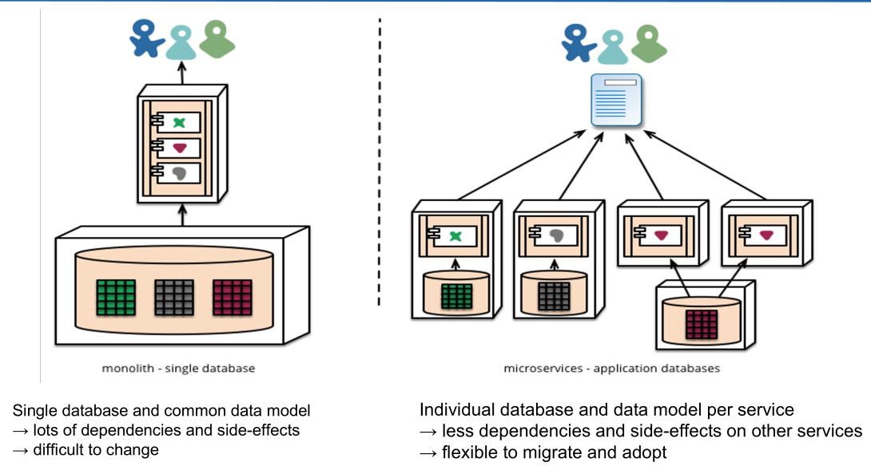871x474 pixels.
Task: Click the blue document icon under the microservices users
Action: (616, 100)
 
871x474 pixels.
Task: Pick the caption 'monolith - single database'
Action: (178, 369)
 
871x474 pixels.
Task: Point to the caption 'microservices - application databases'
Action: (611, 369)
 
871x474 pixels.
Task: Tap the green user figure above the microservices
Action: (649, 43)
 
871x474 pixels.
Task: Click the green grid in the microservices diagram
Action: (456, 295)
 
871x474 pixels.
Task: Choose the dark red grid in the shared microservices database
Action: (702, 324)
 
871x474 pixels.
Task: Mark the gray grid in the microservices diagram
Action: (554, 295)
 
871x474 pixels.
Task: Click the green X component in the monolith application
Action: (180, 122)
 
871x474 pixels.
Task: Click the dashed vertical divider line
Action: (380, 160)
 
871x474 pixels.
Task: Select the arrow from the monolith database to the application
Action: (182, 215)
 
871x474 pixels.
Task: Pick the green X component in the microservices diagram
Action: (455, 236)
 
